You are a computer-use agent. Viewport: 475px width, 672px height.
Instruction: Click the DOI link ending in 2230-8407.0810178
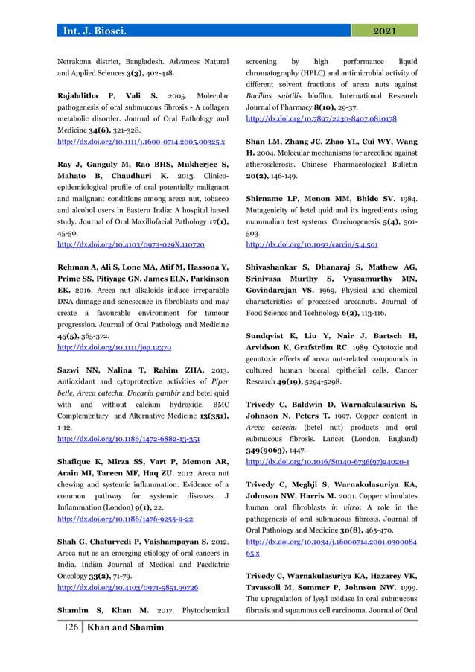pos(320,118)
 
